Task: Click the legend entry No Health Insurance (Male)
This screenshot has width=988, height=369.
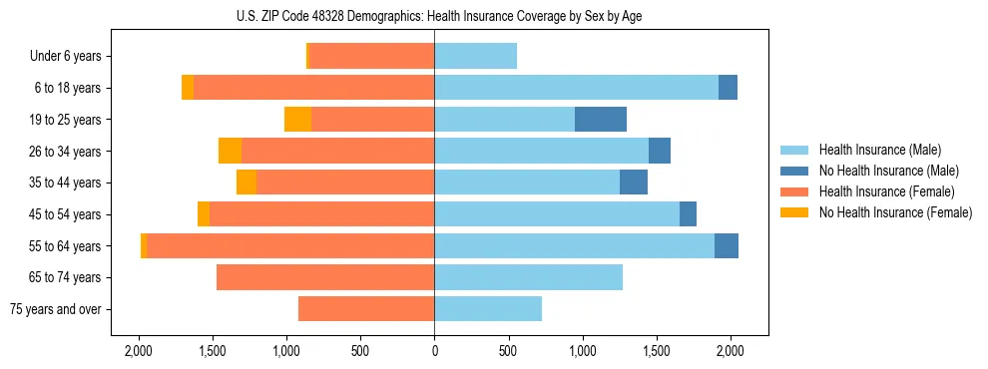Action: tap(888, 171)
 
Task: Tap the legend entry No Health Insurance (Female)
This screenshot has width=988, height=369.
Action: tap(895, 212)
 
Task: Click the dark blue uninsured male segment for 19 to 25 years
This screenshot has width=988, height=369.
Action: tap(601, 120)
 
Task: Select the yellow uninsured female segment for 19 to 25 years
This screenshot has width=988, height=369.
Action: tap(297, 120)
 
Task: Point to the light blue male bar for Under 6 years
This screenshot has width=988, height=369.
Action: tap(475, 57)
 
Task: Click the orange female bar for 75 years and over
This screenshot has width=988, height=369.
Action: tap(366, 309)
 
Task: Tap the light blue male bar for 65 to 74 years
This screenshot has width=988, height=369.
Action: tap(528, 277)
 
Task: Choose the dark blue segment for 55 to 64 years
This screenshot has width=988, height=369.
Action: tap(727, 246)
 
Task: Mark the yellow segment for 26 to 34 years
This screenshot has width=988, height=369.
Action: tap(230, 152)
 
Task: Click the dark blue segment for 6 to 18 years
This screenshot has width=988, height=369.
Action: tap(729, 88)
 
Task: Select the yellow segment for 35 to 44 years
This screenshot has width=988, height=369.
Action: tap(247, 183)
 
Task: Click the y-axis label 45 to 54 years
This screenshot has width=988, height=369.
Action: tap(68, 214)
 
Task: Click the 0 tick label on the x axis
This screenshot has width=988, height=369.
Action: tap(434, 351)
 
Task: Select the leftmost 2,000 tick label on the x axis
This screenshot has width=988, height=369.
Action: tap(138, 351)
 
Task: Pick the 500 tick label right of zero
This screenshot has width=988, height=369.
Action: tap(508, 351)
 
